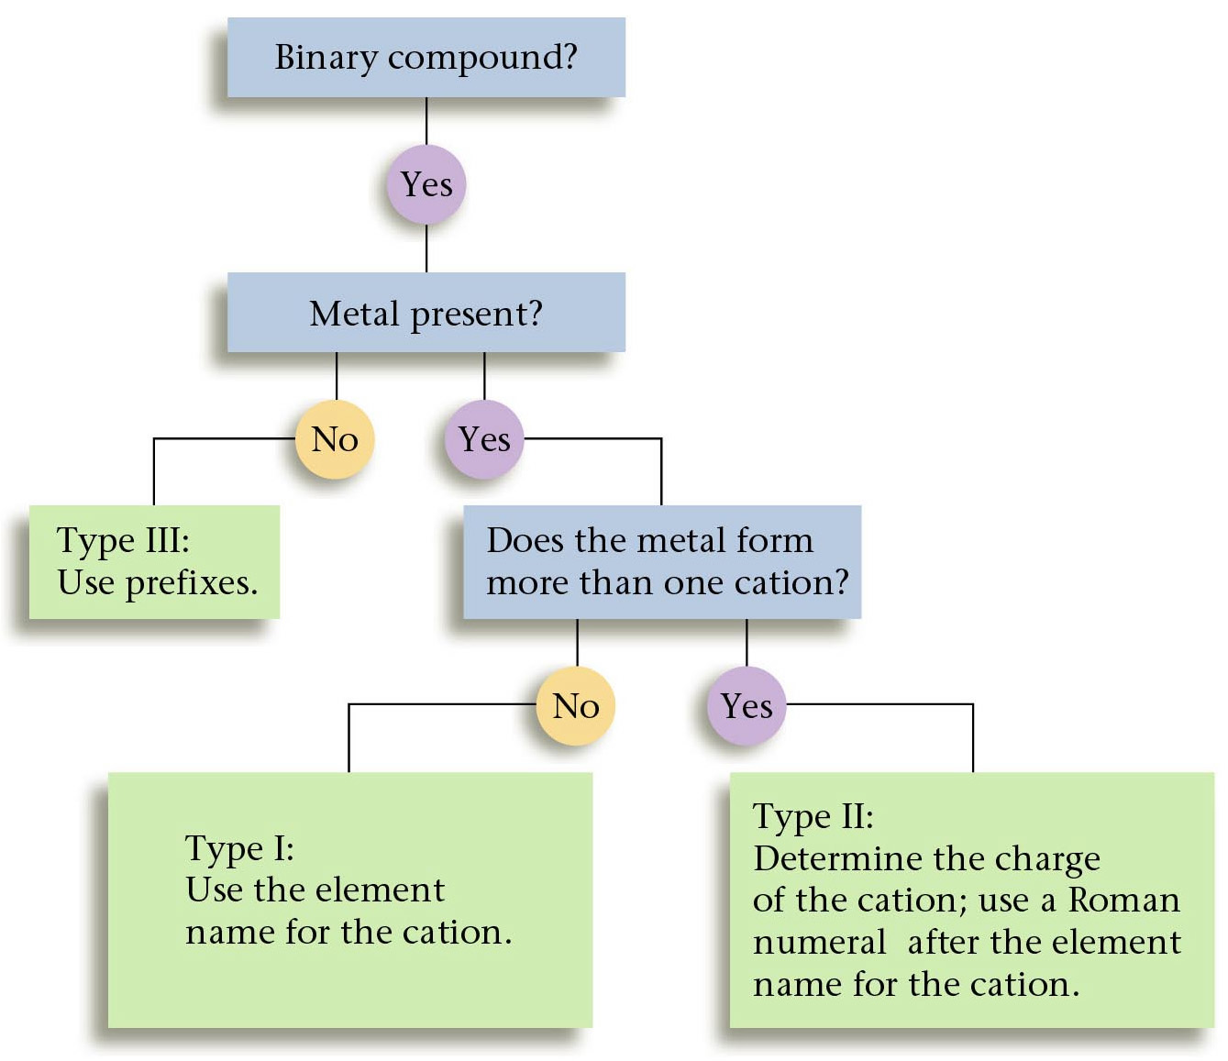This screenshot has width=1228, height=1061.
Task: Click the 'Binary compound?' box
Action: pyautogui.click(x=426, y=57)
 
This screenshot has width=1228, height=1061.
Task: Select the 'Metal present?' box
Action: pyautogui.click(x=426, y=313)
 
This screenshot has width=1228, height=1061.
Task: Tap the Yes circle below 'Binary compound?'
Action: pyautogui.click(x=426, y=184)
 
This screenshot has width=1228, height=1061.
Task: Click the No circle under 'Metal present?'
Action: pyautogui.click(x=335, y=439)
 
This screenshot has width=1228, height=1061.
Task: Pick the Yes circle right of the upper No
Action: pyautogui.click(x=484, y=439)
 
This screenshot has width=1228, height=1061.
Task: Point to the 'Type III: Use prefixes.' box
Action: pyautogui.click(x=154, y=561)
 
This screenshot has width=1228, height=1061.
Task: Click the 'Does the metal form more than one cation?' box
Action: pyautogui.click(x=661, y=561)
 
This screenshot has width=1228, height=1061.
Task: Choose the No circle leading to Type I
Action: pyautogui.click(x=576, y=705)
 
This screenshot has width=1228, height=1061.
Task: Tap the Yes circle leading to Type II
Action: pyautogui.click(x=747, y=705)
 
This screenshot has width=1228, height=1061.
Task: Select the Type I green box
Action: pyautogui.click(x=349, y=899)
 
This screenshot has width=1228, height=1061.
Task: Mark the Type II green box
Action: pyautogui.click(x=971, y=899)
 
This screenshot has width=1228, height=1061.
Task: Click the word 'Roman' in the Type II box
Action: pyautogui.click(x=1124, y=900)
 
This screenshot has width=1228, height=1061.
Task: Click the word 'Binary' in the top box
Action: pyautogui.click(x=326, y=58)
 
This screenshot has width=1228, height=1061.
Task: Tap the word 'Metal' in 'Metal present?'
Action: pyautogui.click(x=355, y=314)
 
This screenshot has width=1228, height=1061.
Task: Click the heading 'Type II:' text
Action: pyautogui.click(x=813, y=816)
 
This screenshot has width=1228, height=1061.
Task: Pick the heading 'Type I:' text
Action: pyautogui.click(x=239, y=848)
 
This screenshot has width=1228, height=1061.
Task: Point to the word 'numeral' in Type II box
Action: pyautogui.click(x=819, y=943)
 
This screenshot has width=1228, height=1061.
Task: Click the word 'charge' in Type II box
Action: pyautogui.click(x=1047, y=859)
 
